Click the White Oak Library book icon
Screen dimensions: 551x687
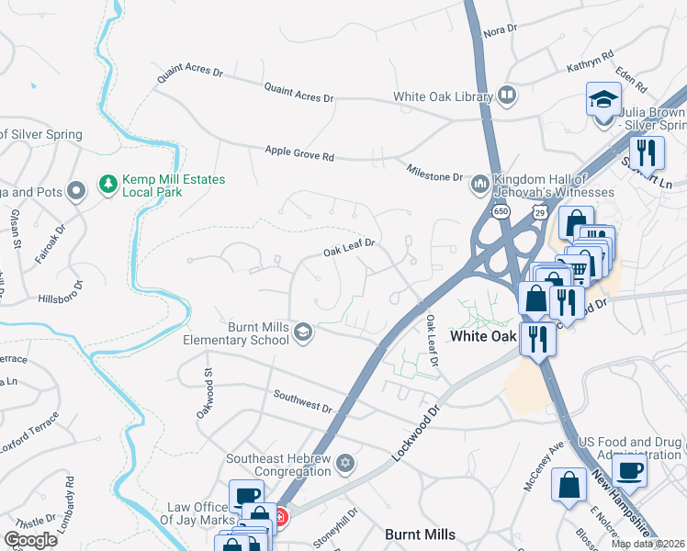507,96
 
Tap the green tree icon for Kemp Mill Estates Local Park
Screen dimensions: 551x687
108,186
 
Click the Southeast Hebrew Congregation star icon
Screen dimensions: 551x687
345,462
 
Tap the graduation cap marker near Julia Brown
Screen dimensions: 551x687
603,99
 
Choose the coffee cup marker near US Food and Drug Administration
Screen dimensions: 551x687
629,471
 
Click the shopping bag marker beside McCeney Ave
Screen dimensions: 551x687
569,484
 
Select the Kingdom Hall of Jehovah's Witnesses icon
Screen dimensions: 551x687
479,186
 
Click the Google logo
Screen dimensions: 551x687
30,540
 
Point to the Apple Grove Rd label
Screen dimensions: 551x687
299,153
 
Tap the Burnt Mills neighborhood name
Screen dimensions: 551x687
420,534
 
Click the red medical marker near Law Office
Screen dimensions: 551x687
280,518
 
